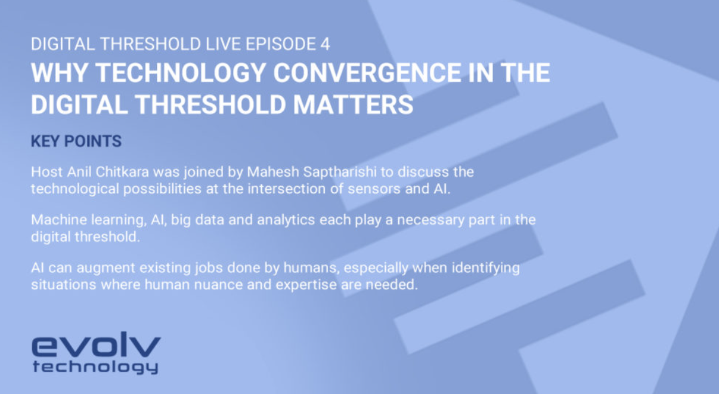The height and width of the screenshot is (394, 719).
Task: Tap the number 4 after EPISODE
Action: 326,45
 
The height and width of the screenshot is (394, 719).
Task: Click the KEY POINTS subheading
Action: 76,141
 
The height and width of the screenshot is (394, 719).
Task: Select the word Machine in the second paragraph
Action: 55,220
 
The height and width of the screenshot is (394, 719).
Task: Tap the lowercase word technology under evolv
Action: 95,367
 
